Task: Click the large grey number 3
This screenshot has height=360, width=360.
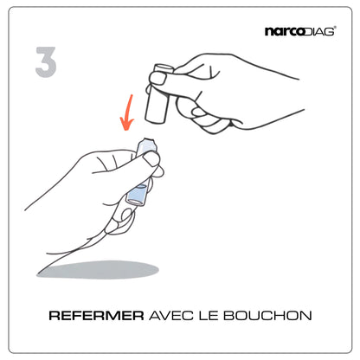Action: [46, 61]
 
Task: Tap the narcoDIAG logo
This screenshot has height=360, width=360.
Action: [300, 31]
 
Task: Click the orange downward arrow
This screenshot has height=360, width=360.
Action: [127, 112]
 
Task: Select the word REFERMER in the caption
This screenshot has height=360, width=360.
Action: [96, 316]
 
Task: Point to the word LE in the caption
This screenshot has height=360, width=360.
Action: [209, 316]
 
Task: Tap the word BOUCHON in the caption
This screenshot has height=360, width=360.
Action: [267, 316]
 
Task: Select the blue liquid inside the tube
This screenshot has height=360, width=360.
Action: [138, 195]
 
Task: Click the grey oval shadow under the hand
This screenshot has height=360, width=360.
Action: [98, 270]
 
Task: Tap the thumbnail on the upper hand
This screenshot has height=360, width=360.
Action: [157, 78]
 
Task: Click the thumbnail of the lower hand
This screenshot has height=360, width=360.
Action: [151, 159]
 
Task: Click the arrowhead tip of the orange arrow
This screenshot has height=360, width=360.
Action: [126, 130]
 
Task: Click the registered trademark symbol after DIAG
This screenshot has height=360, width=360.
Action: [335, 28]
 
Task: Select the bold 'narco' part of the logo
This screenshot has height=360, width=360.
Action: [283, 32]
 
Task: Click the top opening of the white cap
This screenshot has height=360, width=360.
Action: [164, 68]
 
